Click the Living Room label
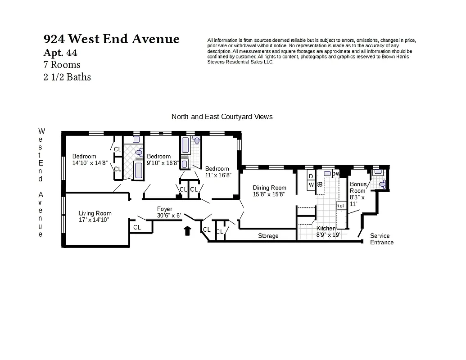95,213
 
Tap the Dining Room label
269,188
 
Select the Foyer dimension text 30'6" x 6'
168,216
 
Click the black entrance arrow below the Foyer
187,231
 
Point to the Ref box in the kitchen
340,206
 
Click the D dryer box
311,176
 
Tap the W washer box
311,184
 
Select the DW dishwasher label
336,173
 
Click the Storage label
268,236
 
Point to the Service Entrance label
381,239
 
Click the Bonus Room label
358,187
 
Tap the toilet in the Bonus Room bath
382,184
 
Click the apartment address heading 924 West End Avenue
112,39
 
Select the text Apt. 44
60,53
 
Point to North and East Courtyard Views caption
222,117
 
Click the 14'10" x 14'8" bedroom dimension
90,163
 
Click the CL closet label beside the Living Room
137,228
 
